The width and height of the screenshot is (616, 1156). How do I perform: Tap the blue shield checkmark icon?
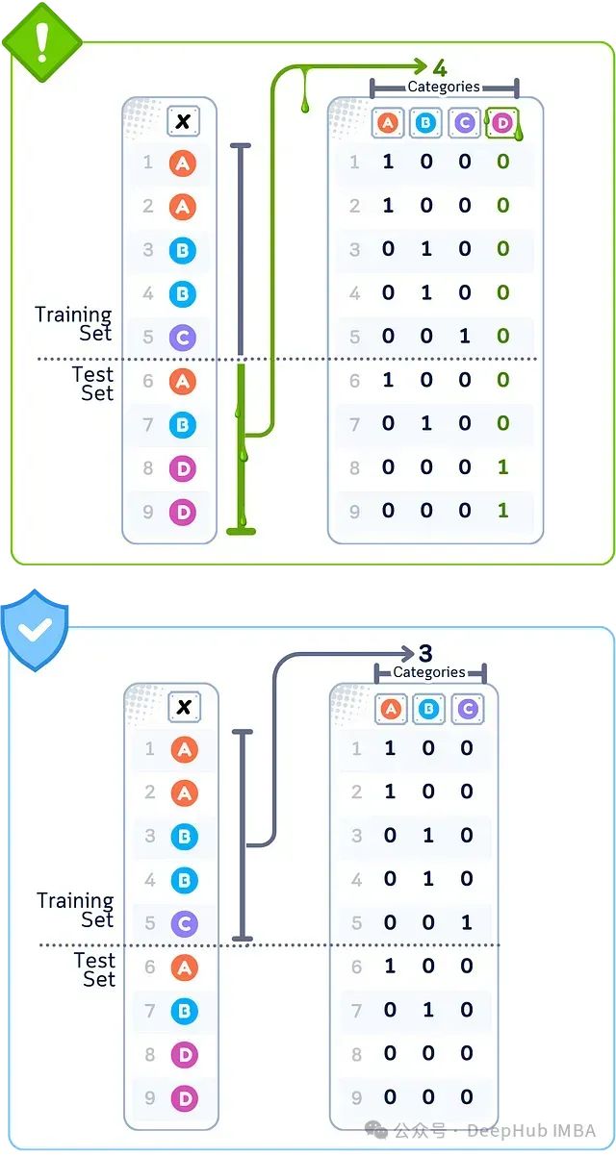[x=34, y=631]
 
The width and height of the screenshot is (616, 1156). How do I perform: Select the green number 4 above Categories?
[x=439, y=67]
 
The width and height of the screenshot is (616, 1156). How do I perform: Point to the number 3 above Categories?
[x=425, y=654]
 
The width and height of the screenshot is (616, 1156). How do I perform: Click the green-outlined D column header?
[x=501, y=122]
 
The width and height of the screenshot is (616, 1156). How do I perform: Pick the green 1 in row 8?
[x=502, y=466]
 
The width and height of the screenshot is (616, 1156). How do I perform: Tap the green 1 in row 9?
[x=502, y=511]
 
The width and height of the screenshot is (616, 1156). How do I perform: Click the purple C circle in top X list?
[x=182, y=338]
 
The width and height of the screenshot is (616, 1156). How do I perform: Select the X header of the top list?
[x=182, y=121]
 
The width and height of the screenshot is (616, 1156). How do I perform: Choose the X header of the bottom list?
[x=184, y=708]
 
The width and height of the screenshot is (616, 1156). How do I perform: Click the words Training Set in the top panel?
[x=74, y=324]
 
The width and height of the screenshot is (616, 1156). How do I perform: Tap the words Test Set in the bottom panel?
[x=94, y=969]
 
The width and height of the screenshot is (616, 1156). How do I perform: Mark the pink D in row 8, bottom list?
[x=184, y=1054]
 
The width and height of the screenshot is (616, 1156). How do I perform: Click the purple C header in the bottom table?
[x=466, y=709]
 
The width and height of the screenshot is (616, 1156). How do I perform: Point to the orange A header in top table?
[x=387, y=122]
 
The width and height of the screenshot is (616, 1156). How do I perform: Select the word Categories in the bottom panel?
[x=429, y=672]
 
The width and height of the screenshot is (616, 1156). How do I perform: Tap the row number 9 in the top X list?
[x=148, y=512]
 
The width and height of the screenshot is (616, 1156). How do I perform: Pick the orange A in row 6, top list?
[x=182, y=381]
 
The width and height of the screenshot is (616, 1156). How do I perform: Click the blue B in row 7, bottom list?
[x=184, y=1011]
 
